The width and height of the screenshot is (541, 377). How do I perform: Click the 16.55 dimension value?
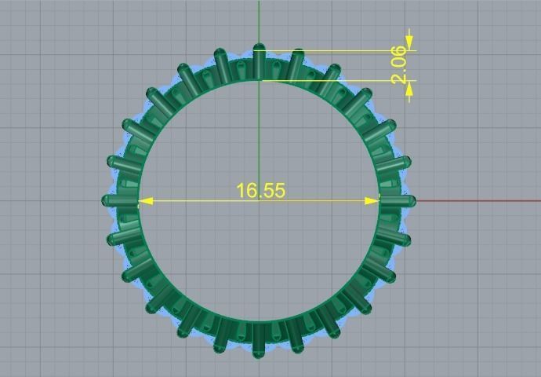click(x=260, y=191)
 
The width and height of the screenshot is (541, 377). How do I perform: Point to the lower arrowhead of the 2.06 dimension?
click(x=409, y=89)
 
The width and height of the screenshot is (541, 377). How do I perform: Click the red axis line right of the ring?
click(x=478, y=201)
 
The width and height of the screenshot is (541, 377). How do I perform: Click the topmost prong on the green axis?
click(x=260, y=60)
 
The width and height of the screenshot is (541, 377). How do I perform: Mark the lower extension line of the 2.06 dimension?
click(x=345, y=80)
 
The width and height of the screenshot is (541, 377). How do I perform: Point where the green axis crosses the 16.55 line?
click(x=260, y=201)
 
